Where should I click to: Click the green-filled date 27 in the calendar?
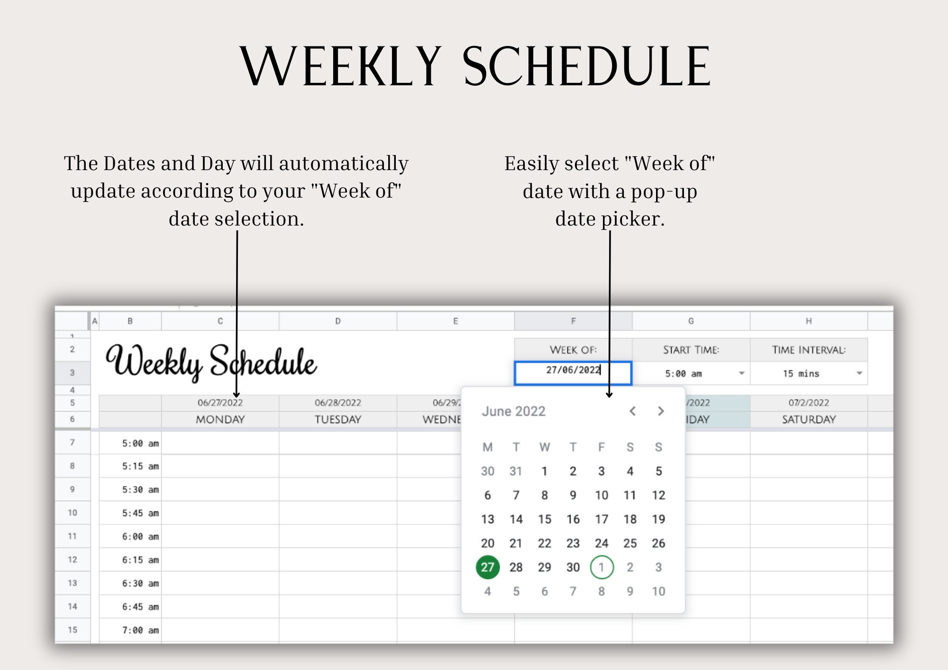487,567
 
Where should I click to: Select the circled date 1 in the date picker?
602,567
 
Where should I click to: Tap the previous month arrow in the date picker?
632,411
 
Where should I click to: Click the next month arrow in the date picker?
661,411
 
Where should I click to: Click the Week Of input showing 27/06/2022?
573,372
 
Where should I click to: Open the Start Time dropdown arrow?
741,373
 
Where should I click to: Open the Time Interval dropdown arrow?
859,373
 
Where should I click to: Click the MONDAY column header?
220,419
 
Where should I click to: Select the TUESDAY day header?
338,419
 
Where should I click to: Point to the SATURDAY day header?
809,419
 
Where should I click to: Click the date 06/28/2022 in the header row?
338,403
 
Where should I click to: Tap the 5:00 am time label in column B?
140,444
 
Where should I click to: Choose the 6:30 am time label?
140,583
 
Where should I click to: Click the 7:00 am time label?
140,630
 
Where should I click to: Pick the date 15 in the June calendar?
545,519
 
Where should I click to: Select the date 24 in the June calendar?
602,543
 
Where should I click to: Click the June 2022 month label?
513,411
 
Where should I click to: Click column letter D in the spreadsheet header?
338,321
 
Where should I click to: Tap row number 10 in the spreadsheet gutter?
72,513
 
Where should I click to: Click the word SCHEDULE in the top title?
586,66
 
